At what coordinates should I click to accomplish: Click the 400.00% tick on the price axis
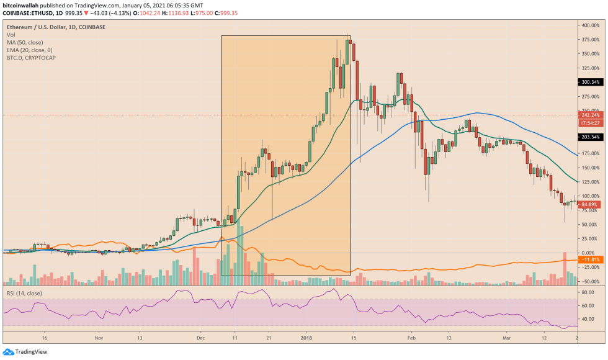[x=590, y=25]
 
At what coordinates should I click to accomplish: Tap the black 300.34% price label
[x=590, y=82]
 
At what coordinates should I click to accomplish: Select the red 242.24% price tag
[x=590, y=115]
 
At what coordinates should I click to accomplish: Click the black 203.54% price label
[x=590, y=137]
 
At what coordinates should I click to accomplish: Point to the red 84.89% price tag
[x=590, y=204]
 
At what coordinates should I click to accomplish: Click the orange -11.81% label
[x=590, y=259]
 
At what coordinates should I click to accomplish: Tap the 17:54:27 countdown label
[x=590, y=123]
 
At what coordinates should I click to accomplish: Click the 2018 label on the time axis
[x=306, y=339]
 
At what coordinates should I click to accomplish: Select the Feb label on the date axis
[x=411, y=339]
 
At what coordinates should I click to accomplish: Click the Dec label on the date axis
[x=201, y=339]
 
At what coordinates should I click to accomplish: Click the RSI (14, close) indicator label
[x=24, y=292]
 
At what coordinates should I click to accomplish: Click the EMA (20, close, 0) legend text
[x=29, y=50]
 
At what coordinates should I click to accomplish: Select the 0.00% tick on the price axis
[x=590, y=253]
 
